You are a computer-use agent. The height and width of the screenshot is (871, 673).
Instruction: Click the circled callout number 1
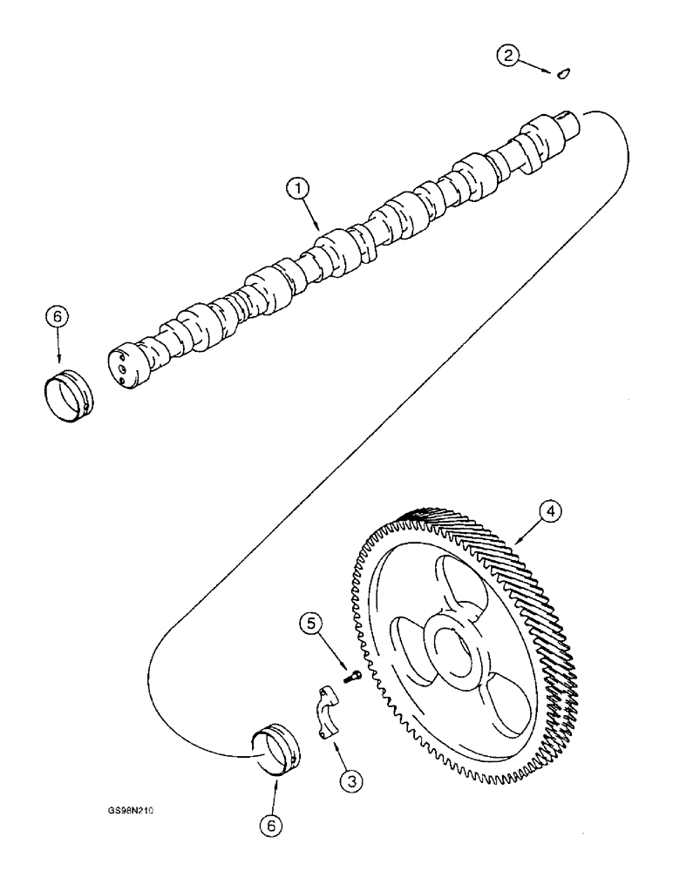tap(296, 187)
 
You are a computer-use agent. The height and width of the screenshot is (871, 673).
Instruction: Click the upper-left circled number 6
tap(57, 319)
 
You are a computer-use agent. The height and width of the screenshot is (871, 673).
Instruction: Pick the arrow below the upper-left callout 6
tap(58, 349)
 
